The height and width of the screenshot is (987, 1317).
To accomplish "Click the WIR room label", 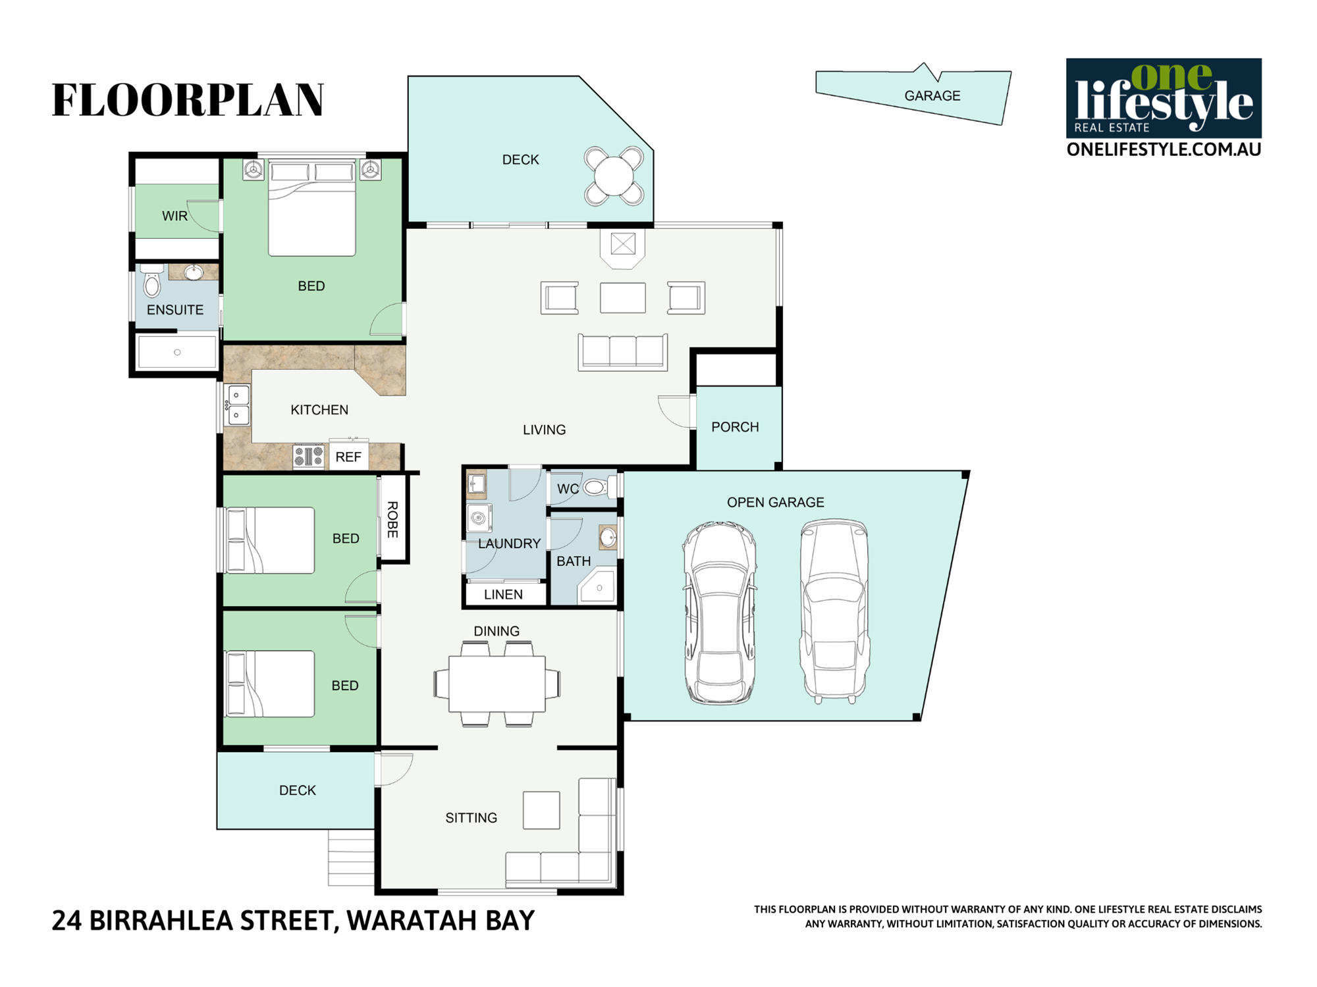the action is [x=175, y=216].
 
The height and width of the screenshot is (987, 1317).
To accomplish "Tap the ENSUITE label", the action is [x=175, y=310].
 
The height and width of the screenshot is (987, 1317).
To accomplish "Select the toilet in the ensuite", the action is [x=152, y=281].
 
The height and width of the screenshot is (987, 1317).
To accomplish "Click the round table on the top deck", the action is [x=614, y=176].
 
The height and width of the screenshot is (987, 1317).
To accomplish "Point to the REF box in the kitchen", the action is [x=348, y=456].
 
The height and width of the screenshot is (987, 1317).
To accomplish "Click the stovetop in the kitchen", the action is [x=309, y=456].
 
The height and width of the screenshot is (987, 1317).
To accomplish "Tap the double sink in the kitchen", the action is [x=238, y=405].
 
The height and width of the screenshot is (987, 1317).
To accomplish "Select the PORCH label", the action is [x=735, y=427].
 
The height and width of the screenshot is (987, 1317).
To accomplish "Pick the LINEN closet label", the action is [x=503, y=595].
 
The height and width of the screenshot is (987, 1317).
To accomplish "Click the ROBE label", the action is [x=392, y=520].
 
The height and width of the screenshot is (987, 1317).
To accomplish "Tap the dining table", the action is [x=497, y=684].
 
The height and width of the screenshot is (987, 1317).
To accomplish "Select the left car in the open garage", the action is [x=720, y=613].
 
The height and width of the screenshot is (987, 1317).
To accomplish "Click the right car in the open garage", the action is [x=834, y=611].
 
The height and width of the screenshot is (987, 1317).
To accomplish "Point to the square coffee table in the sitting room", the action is [x=541, y=810].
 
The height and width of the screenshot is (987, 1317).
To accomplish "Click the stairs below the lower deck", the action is [x=352, y=857].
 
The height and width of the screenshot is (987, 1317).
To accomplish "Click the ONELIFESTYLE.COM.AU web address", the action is [x=1164, y=149].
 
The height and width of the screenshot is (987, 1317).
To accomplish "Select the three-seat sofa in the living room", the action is [x=623, y=352].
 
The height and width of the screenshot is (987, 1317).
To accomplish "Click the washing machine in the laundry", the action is [x=479, y=518].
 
